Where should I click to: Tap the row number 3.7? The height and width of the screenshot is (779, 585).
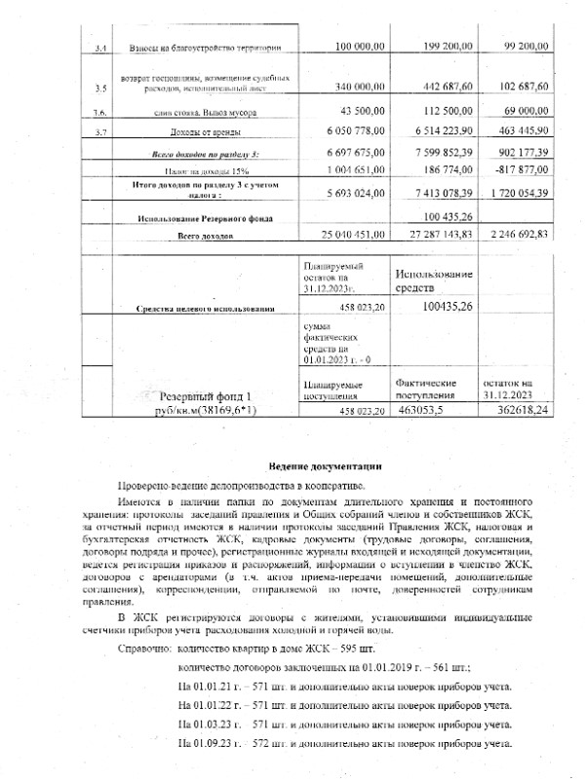pos(99,130)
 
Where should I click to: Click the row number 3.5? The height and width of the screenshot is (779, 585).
pos(99,89)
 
